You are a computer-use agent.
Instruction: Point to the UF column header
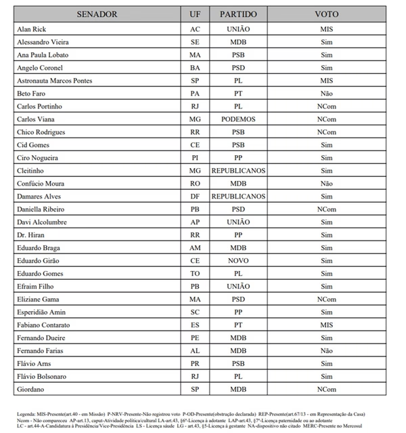coord(195,14)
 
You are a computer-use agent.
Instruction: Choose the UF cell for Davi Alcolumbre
coord(195,222)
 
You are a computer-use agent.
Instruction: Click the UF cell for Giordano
coord(195,389)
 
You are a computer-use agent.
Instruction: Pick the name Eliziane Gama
coord(40,300)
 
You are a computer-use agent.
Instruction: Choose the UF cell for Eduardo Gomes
coord(195,274)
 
